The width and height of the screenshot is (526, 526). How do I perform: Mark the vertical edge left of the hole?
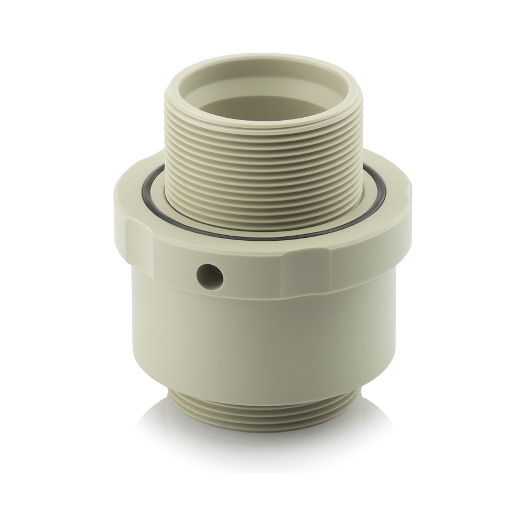click(x=154, y=261)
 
